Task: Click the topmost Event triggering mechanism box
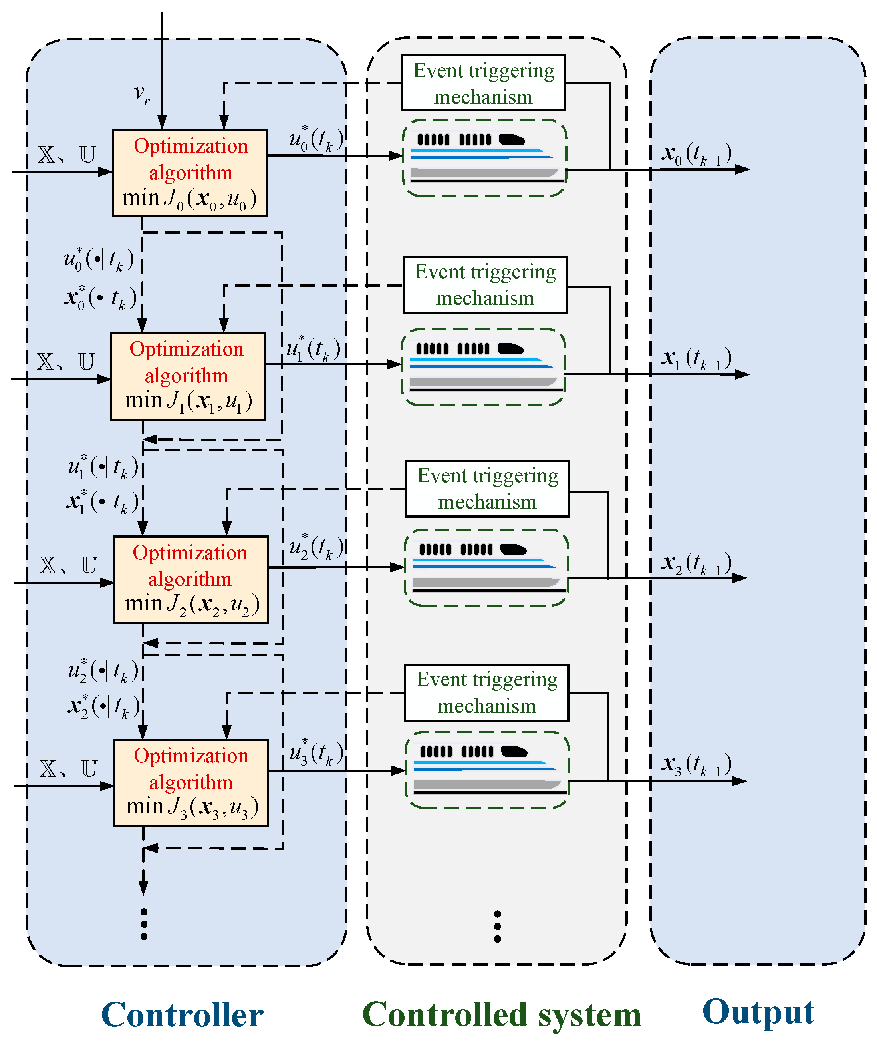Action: pos(483,83)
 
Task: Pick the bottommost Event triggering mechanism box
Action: pos(486,692)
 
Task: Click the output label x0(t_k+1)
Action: pos(696,154)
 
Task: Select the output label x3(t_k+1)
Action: pos(696,764)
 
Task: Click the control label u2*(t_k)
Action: pos(316,547)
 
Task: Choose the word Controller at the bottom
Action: pos(182,1015)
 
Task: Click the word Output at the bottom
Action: pos(758,1012)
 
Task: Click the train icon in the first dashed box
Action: pos(485,158)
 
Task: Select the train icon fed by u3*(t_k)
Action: pos(487,770)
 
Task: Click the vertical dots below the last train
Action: pos(498,926)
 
